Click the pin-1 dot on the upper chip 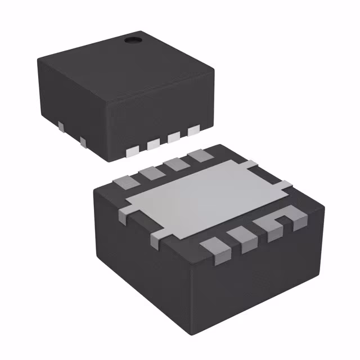tap(133, 40)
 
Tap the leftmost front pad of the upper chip tap(133, 150)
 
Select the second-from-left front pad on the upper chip tap(153, 145)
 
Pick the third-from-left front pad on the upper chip tap(173, 138)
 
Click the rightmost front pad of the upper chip tap(193, 131)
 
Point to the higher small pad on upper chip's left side tap(60, 123)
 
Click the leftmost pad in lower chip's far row tap(123, 181)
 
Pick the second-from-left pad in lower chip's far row tap(148, 172)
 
